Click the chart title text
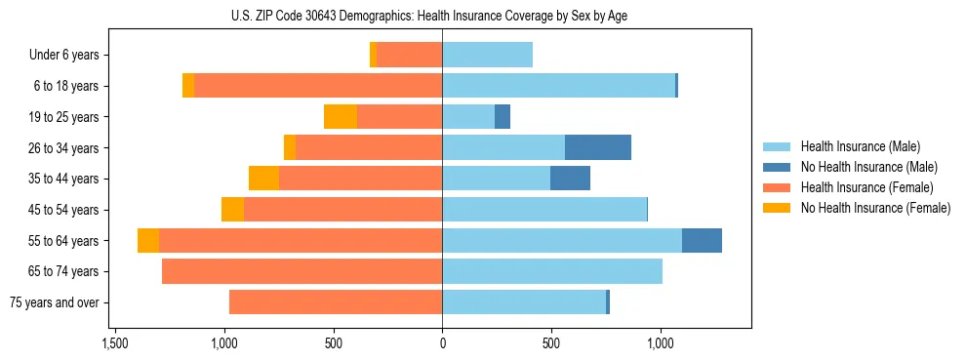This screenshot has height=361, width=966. (442, 16)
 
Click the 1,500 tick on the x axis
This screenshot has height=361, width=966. (115, 343)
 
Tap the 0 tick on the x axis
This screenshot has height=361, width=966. (442, 343)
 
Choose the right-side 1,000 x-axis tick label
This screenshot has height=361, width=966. (661, 343)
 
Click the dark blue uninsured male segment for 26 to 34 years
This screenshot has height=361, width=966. (597, 147)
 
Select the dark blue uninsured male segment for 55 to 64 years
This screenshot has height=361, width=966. (702, 241)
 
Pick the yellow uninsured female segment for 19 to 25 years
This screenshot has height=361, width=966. (341, 117)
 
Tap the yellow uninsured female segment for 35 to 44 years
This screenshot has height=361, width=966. (263, 179)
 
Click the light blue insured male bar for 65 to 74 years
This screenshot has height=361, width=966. (552, 271)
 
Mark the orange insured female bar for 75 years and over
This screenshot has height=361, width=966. (336, 302)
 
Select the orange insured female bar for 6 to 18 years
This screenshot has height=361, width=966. (318, 86)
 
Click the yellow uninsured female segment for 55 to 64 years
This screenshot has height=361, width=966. (148, 241)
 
